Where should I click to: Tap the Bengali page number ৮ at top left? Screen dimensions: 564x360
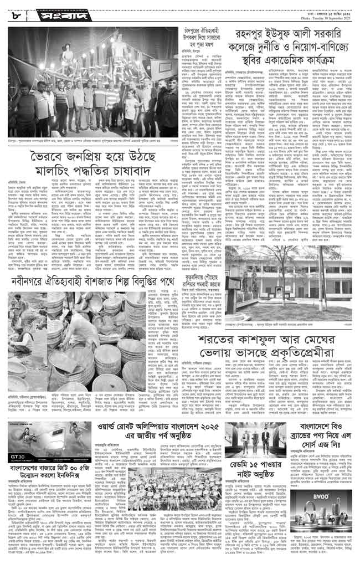(x=15, y=13)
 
